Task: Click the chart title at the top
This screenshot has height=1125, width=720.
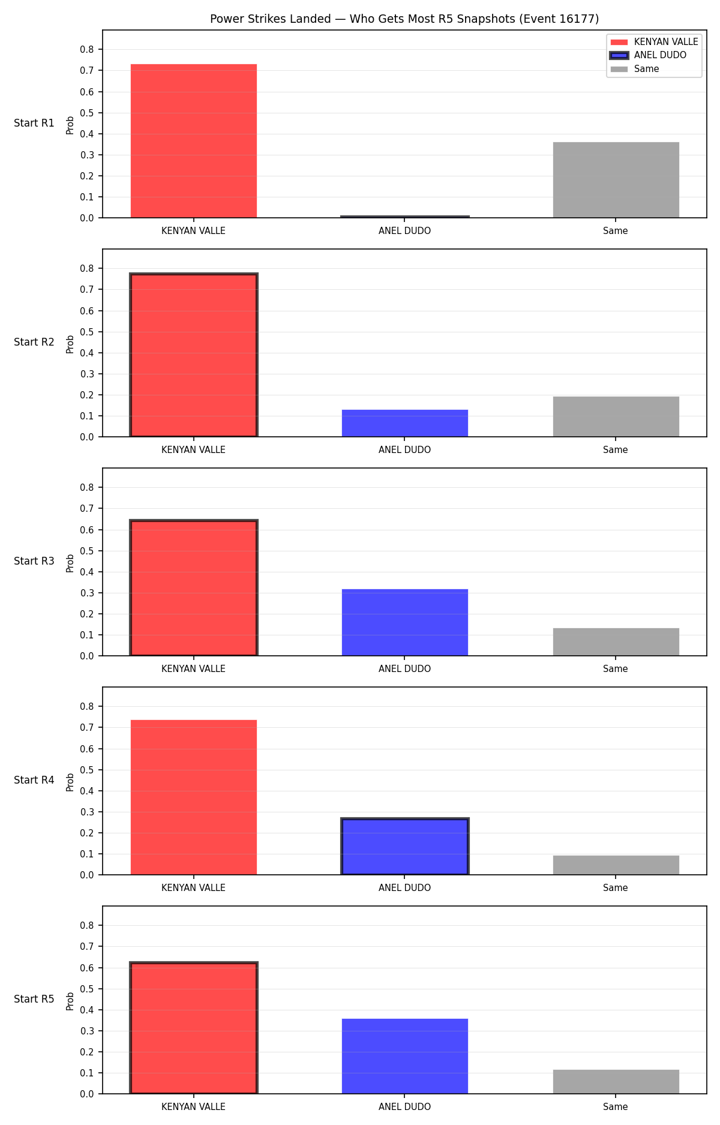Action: click(x=404, y=19)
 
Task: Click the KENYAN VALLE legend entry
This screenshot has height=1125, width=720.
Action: click(x=654, y=41)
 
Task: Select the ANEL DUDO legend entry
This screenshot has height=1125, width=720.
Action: click(x=648, y=55)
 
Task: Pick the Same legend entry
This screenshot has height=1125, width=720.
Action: click(x=635, y=69)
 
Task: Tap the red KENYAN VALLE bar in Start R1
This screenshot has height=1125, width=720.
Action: click(x=194, y=141)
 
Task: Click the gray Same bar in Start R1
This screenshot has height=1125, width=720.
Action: click(x=616, y=180)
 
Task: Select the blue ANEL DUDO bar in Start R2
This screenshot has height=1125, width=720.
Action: click(x=405, y=423)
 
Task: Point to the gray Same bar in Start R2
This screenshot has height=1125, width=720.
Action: click(x=616, y=416)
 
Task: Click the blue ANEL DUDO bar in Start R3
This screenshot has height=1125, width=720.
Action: click(x=405, y=622)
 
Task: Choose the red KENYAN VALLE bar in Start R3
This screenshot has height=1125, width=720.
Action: click(x=194, y=588)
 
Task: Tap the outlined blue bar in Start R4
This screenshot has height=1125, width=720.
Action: click(x=405, y=847)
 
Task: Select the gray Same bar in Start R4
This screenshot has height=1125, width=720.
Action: click(x=616, y=865)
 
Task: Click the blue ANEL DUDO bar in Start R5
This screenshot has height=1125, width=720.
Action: click(x=405, y=1056)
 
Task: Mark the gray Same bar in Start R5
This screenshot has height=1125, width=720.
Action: click(x=616, y=1082)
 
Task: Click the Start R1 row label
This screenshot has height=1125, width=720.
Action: click(x=34, y=123)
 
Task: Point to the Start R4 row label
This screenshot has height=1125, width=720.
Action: click(x=34, y=780)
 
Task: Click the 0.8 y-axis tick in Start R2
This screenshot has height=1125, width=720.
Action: click(x=88, y=268)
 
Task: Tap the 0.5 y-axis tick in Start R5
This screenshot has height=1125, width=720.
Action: click(x=88, y=989)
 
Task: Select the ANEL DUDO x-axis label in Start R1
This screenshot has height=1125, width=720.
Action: click(x=405, y=231)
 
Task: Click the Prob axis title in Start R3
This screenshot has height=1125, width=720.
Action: click(x=70, y=563)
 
